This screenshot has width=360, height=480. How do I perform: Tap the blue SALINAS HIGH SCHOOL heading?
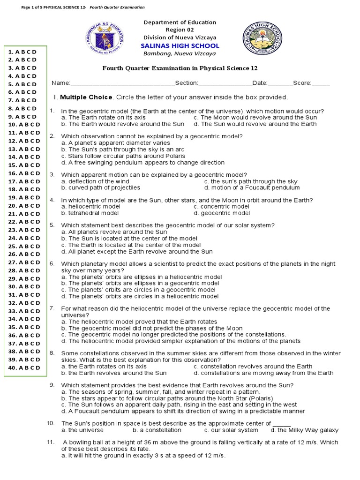tap(180, 45)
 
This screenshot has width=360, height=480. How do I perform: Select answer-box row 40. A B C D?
tap(24, 367)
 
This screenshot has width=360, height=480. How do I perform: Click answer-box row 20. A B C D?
tap(24, 205)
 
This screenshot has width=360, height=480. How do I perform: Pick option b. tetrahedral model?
tap(90, 213)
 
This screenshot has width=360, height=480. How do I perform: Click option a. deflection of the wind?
tap(95, 181)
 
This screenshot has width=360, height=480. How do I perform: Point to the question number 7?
tap(52, 308)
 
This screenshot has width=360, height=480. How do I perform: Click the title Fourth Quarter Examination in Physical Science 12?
tap(180, 68)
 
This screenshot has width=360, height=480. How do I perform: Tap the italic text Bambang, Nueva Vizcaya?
tap(180, 53)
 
